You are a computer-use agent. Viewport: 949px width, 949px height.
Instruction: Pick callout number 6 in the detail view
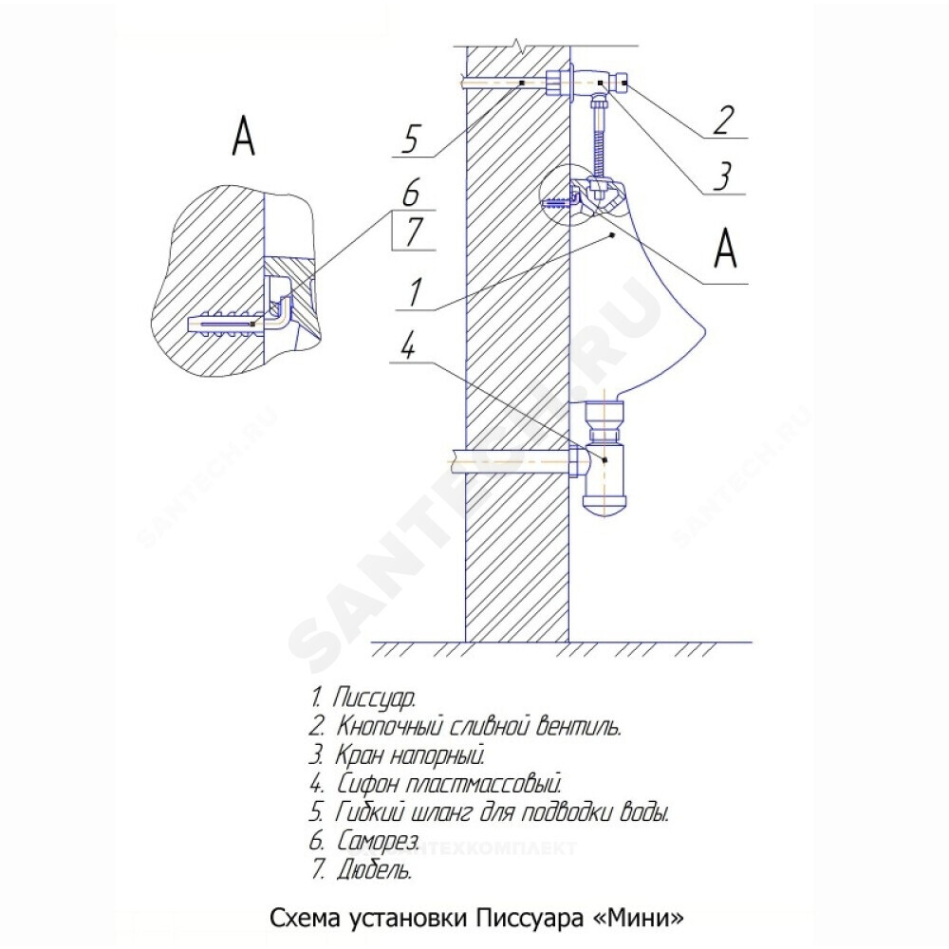pos(410,194)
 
